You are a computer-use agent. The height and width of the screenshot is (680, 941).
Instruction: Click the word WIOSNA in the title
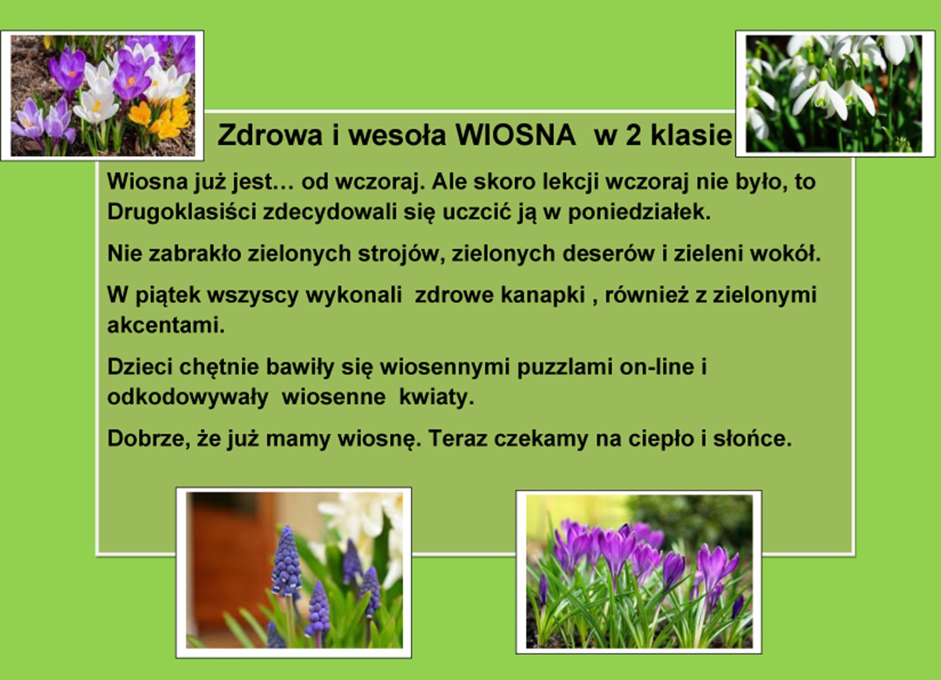[515, 135]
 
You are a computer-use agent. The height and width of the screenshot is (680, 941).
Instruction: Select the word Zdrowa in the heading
[270, 135]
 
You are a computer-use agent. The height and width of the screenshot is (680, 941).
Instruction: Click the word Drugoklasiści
[182, 212]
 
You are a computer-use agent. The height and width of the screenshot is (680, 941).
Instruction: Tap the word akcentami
[166, 325]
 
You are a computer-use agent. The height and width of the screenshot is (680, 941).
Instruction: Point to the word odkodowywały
[188, 397]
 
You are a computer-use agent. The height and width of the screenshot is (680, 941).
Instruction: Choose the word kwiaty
[436, 397]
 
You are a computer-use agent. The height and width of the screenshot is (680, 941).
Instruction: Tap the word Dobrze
[146, 439]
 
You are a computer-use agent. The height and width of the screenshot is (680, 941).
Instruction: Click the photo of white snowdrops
[835, 94]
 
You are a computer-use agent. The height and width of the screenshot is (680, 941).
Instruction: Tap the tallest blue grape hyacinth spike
[286, 562]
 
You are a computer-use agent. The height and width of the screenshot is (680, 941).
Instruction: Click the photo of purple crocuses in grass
[639, 572]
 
